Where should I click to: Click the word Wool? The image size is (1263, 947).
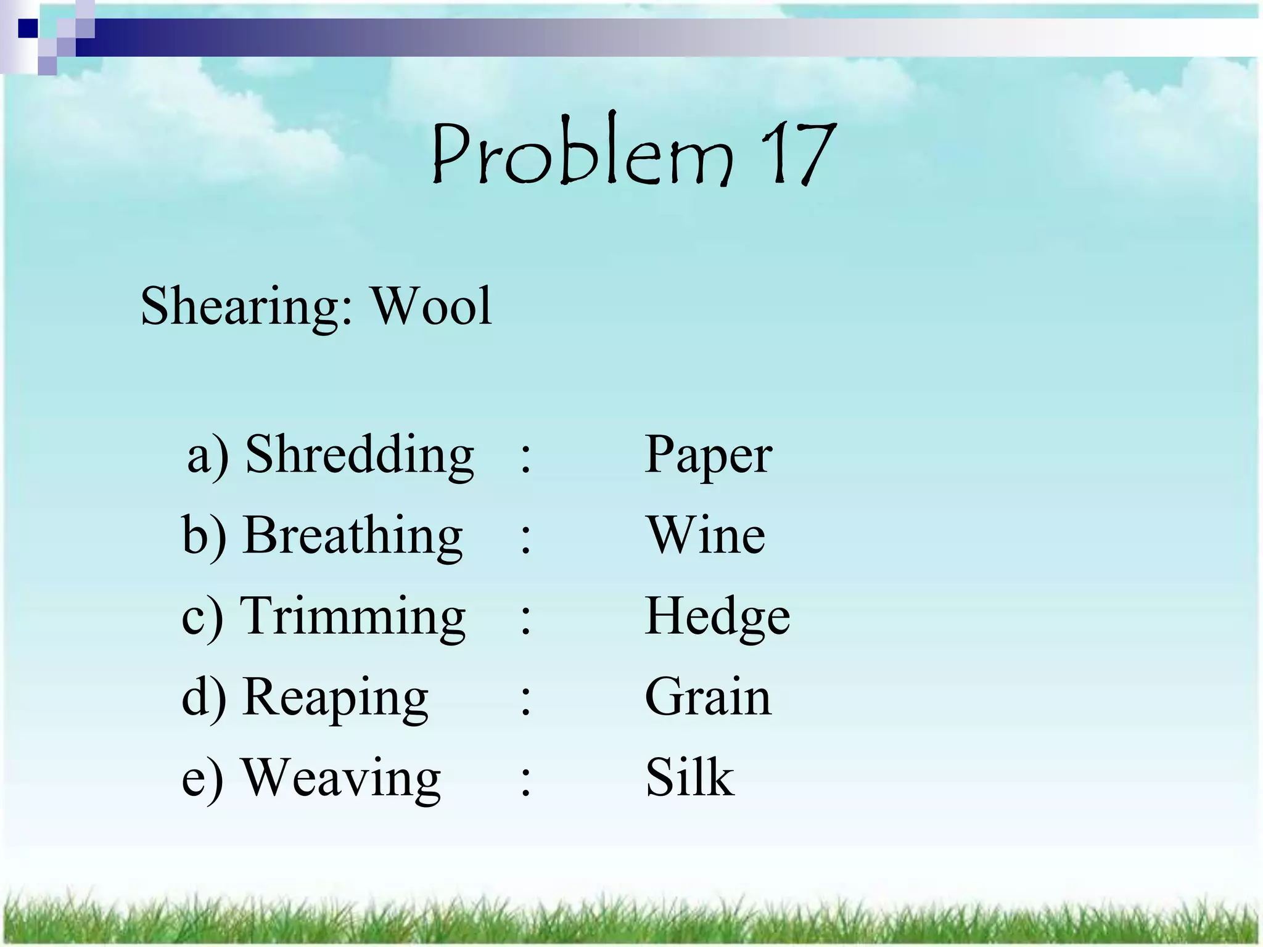point(430,306)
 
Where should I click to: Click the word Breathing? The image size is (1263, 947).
point(352,536)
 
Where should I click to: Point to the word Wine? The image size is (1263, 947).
point(706,536)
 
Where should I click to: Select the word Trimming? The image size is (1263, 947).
point(352,616)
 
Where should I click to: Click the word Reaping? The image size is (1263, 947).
point(335,697)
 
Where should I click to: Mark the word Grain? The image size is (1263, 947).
point(708,697)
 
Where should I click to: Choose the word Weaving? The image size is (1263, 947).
point(341,777)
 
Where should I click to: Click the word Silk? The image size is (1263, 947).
point(689,777)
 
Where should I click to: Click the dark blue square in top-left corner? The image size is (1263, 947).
point(27,28)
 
